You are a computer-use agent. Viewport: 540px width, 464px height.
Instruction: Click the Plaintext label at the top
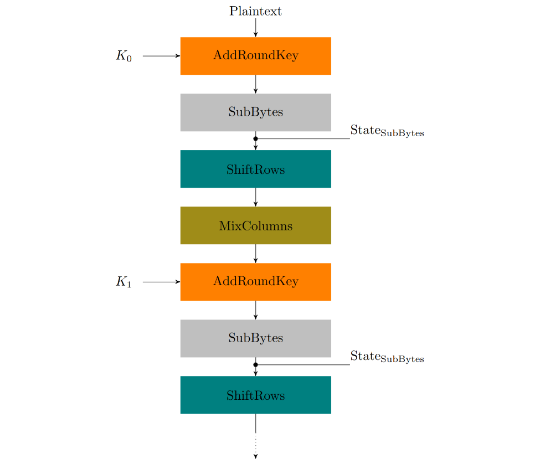pyautogui.click(x=255, y=11)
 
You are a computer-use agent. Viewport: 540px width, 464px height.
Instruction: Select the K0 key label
pyautogui.click(x=124, y=56)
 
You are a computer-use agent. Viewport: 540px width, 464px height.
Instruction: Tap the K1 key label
pyautogui.click(x=124, y=282)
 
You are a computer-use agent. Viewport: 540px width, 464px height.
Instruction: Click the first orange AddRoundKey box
pyautogui.click(x=255, y=56)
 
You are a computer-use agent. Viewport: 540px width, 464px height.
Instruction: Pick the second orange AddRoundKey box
pyautogui.click(x=255, y=282)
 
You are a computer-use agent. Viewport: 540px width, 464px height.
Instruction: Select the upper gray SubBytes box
pyautogui.click(x=255, y=112)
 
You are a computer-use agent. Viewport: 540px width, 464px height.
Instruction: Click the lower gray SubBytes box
pyautogui.click(x=255, y=338)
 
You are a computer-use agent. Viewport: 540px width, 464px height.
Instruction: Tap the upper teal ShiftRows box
pyautogui.click(x=255, y=169)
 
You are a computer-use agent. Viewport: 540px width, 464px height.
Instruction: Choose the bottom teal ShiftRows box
pyautogui.click(x=255, y=395)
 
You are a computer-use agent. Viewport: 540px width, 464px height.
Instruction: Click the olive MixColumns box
pyautogui.click(x=255, y=225)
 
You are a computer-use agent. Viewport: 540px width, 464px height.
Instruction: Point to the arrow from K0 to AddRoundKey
pyautogui.click(x=161, y=56)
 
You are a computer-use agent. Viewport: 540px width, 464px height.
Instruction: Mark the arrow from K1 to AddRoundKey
pyautogui.click(x=161, y=282)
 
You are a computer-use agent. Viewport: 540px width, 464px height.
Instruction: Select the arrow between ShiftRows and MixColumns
pyautogui.click(x=255, y=197)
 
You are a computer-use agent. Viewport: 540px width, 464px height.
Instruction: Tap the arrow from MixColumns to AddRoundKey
pyautogui.click(x=255, y=254)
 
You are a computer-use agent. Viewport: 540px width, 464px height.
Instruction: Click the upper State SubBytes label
pyautogui.click(x=387, y=131)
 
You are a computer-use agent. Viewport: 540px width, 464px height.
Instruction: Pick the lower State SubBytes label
pyautogui.click(x=387, y=357)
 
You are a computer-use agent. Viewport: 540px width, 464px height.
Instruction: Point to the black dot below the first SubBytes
pyautogui.click(x=255, y=138)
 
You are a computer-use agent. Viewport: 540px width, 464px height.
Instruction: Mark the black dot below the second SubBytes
pyautogui.click(x=255, y=364)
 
